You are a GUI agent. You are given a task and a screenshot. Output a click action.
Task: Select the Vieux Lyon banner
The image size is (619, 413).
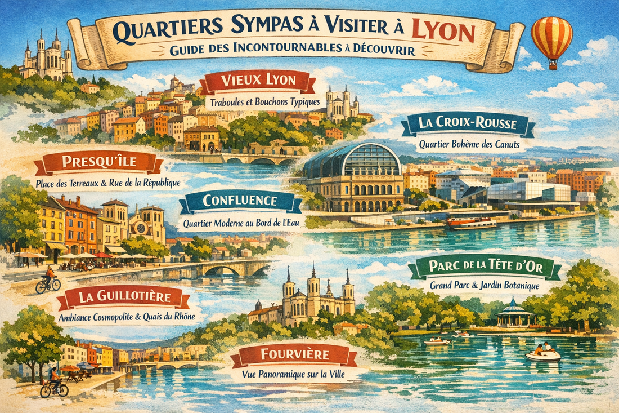258,81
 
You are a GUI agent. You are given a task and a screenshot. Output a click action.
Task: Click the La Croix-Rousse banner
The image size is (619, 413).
468,124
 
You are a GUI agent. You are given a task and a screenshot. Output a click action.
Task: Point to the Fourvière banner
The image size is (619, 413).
295,355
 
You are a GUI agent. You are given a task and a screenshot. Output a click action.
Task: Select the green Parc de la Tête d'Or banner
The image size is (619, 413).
485,268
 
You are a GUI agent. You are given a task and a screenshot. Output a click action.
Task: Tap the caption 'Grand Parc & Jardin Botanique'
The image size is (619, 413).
485,286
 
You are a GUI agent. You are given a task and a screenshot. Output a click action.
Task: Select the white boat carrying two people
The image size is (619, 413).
543,353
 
